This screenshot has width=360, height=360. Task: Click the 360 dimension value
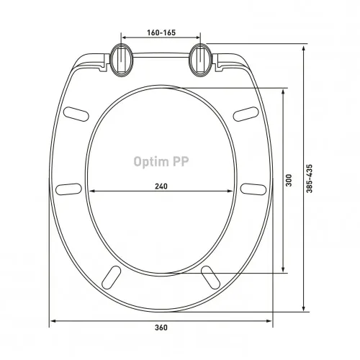point(161,328)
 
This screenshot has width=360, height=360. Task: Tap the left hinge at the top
point(120,59)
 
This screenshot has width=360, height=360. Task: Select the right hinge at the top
point(200,59)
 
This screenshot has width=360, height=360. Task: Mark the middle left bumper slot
point(68,189)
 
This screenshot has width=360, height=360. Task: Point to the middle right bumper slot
point(253,189)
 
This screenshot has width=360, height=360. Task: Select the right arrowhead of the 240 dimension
point(234,192)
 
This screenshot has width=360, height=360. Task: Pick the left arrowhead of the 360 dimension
point(52,320)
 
